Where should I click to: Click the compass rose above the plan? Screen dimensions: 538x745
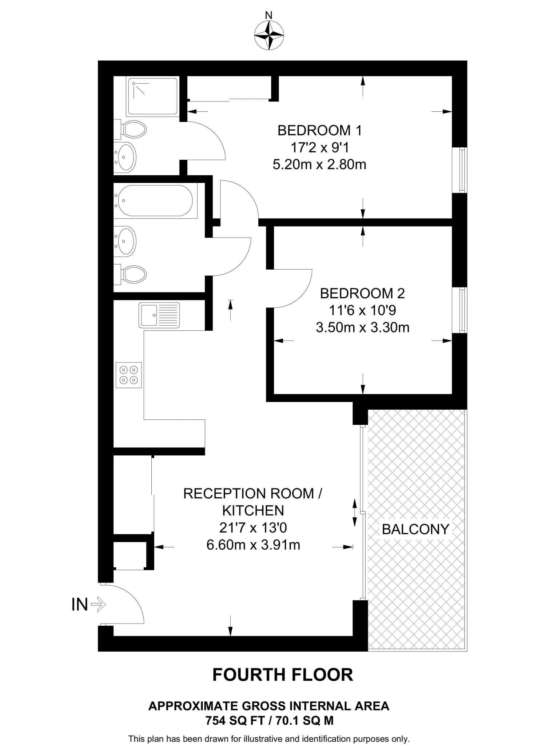269,35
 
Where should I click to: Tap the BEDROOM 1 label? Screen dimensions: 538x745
320,130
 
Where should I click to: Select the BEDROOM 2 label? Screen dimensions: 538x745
362,293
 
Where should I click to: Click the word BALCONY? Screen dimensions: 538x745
416,529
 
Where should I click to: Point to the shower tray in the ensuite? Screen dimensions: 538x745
152,97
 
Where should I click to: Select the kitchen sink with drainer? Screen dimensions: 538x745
159,315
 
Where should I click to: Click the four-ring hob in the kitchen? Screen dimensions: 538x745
129,375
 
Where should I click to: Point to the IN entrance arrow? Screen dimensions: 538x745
98,605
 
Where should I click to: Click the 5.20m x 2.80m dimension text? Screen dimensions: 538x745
319,165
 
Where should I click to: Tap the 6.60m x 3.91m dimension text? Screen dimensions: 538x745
253,545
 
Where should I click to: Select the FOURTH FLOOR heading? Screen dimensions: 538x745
283,675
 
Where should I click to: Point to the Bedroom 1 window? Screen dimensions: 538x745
459,170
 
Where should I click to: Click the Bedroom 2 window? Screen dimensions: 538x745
459,310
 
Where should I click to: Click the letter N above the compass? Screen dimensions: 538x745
269,15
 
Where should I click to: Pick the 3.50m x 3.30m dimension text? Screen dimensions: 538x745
363,328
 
